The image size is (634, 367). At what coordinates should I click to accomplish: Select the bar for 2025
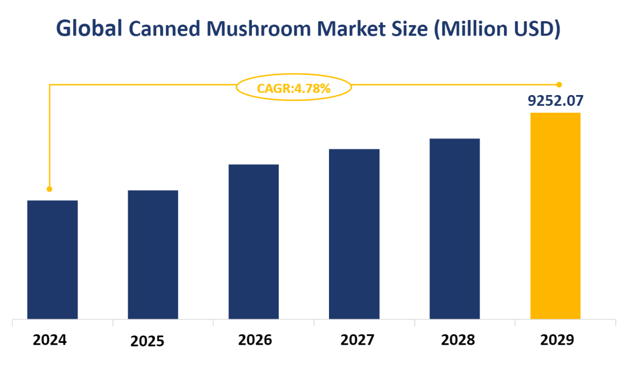click(153, 254)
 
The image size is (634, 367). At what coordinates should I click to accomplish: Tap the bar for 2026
click(253, 242)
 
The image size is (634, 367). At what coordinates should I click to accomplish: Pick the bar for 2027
click(354, 234)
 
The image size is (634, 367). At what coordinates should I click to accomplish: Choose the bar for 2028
click(454, 228)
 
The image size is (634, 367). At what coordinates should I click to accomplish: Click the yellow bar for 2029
click(555, 215)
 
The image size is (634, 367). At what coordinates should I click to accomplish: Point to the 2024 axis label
click(50, 340)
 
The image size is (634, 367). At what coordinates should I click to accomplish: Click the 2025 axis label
click(147, 342)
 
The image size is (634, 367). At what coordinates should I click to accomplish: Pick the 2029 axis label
click(557, 340)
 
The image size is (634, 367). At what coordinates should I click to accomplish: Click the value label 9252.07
click(555, 101)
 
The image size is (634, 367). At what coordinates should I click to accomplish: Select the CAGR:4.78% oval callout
click(294, 88)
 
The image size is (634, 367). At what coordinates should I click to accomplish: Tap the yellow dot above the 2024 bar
click(49, 189)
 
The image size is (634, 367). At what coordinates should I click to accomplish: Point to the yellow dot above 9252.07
click(559, 85)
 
